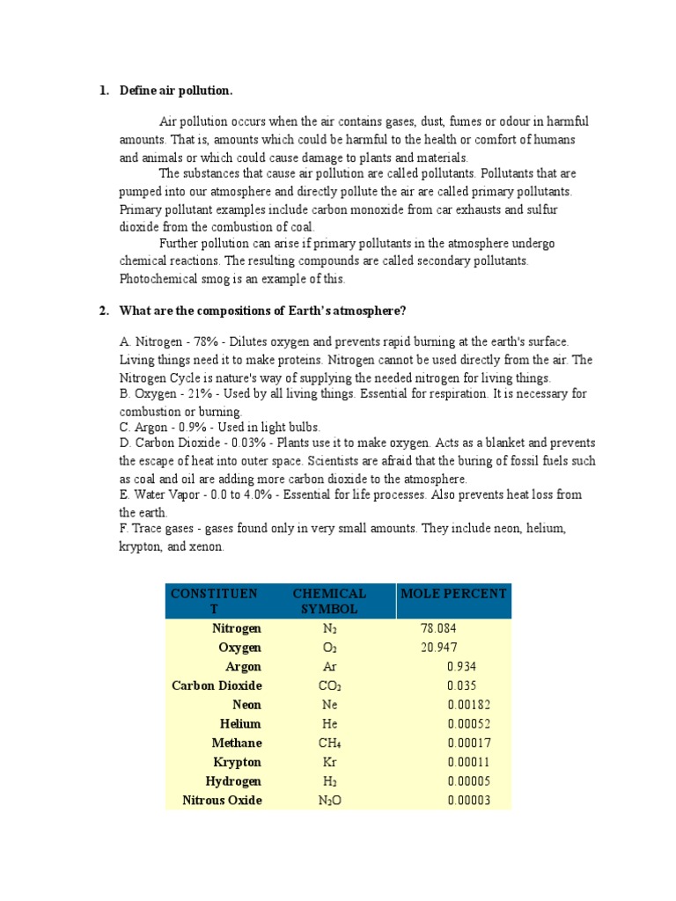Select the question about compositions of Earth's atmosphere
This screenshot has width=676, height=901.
[263, 311]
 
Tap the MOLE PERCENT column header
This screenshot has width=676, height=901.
[453, 594]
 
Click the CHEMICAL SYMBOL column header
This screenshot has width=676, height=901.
[329, 601]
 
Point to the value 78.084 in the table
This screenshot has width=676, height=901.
[439, 629]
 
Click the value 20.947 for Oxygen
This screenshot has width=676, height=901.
[439, 648]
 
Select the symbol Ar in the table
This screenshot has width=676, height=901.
[330, 667]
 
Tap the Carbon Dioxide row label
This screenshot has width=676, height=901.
[217, 685]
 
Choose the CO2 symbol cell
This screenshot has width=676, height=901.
[330, 686]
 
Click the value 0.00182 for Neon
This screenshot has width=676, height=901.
[468, 705]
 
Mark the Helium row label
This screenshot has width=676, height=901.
[240, 724]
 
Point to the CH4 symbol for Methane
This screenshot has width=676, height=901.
[330, 744]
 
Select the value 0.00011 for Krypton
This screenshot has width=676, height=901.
[468, 762]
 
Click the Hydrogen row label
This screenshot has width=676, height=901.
[233, 781]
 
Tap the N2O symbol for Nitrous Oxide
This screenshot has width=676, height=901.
[330, 801]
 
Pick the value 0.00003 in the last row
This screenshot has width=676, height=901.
[468, 801]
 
